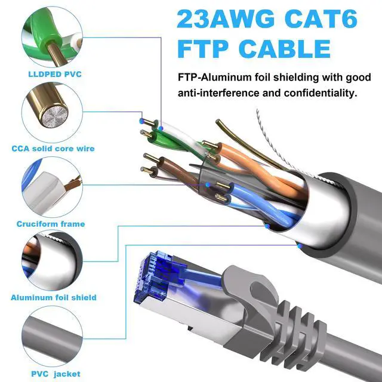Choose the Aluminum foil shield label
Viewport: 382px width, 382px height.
click(54, 297)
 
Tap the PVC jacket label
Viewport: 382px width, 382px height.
click(50, 374)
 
